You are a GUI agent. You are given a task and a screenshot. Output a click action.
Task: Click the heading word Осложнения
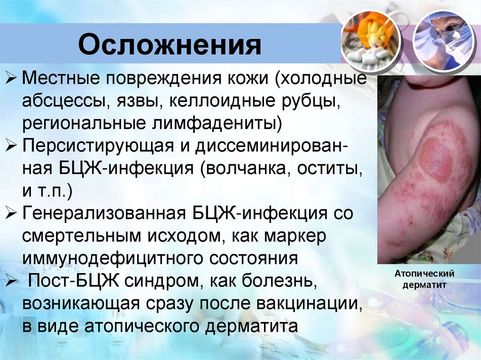(x=170, y=46)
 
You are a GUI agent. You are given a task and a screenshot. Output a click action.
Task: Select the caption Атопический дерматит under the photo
(x=423, y=279)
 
